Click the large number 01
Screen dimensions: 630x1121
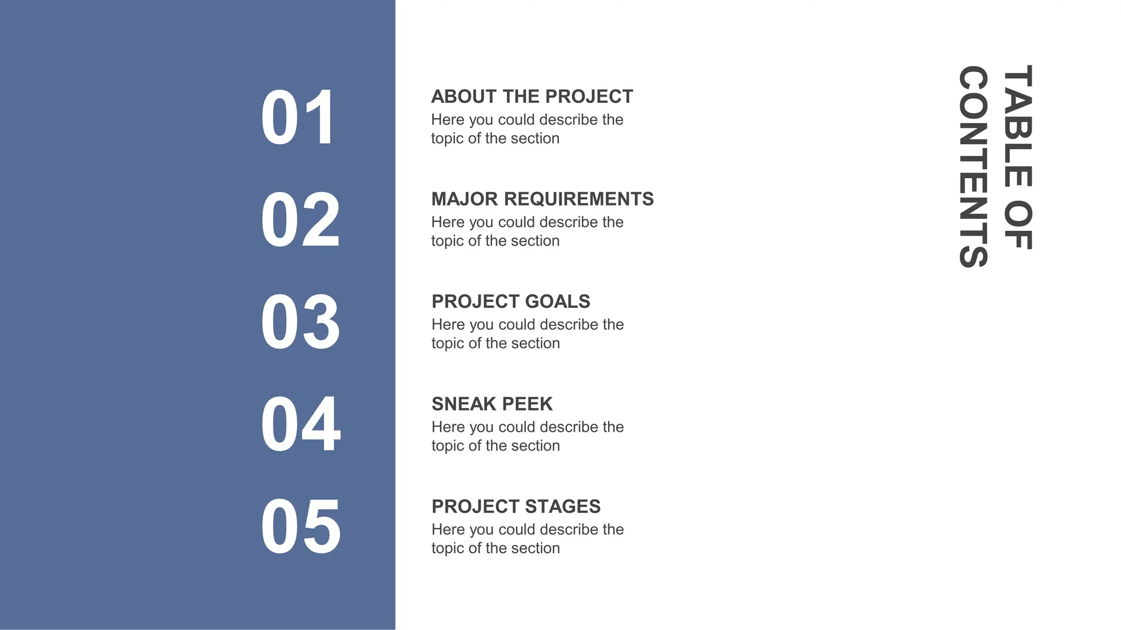(297, 118)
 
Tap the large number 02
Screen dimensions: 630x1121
(300, 220)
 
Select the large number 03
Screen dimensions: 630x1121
(300, 322)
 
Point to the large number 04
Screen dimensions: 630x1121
(300, 424)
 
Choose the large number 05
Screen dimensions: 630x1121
(300, 527)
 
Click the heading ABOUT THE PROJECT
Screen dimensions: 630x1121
(531, 97)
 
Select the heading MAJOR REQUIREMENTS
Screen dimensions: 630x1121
(542, 199)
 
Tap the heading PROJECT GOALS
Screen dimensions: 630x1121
(511, 301)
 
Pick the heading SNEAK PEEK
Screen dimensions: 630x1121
(492, 404)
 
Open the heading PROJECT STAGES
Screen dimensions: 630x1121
(516, 506)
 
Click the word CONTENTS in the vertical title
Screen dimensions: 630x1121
(974, 166)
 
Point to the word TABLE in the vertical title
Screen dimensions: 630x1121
(1018, 126)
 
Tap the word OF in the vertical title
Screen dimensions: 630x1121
(1018, 225)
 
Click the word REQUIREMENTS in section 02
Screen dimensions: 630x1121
(579, 199)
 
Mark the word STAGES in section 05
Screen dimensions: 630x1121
(564, 506)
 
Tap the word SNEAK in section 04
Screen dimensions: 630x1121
(464, 404)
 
